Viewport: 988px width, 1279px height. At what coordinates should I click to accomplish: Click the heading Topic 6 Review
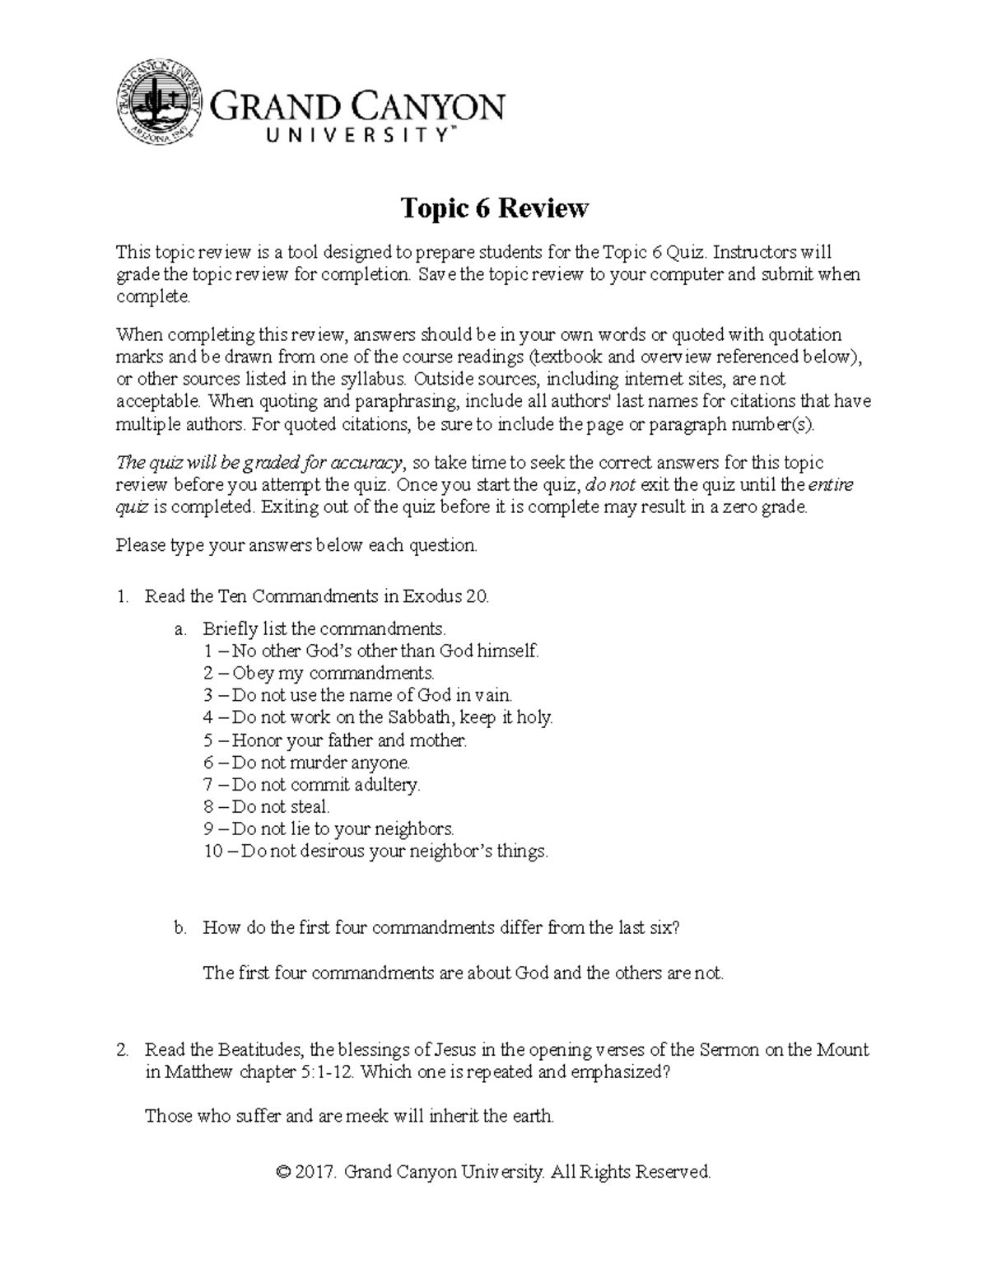click(494, 208)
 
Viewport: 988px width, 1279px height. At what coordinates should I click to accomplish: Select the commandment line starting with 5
click(335, 740)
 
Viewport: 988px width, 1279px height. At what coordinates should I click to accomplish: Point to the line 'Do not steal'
click(267, 807)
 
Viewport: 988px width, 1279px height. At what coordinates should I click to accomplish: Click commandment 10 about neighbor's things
click(375, 852)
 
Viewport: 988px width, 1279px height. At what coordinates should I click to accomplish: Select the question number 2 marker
click(122, 1050)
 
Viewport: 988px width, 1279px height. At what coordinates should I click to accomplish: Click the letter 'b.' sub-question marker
click(181, 928)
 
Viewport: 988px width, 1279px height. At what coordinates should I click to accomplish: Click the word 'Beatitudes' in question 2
click(261, 1050)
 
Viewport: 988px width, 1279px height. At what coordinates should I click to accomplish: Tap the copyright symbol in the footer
click(284, 1172)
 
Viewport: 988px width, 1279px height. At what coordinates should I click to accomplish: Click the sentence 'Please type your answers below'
click(296, 545)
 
